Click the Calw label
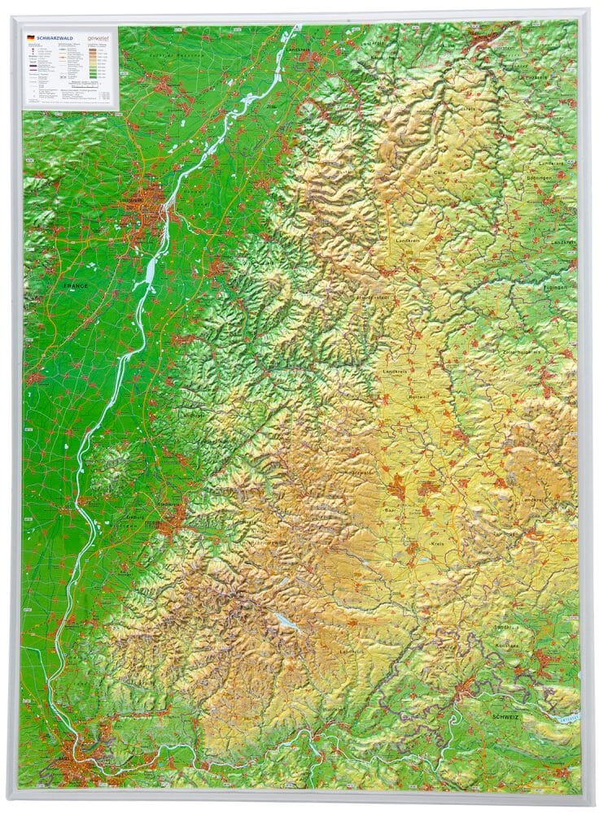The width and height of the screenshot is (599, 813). point(439,172)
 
